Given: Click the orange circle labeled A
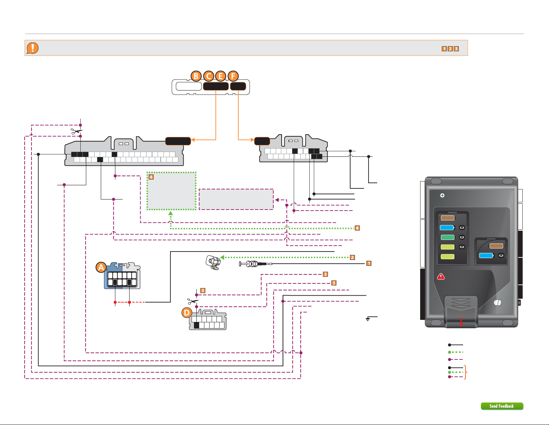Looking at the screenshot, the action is [x=101, y=267].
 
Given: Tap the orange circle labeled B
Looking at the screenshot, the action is [x=196, y=76].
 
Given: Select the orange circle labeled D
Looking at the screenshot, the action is [x=187, y=313].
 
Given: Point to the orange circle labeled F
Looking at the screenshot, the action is [x=233, y=76].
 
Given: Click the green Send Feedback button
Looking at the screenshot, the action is [x=502, y=406].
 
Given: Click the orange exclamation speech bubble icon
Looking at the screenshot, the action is [x=33, y=48].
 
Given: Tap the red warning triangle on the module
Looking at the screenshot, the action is [x=441, y=277].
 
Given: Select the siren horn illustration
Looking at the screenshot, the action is [x=213, y=263].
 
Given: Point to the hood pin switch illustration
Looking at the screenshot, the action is [x=256, y=264].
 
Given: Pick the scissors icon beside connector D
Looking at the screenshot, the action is [x=193, y=301].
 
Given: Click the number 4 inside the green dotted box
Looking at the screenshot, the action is [x=151, y=177].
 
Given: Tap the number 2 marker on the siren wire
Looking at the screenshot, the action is [x=353, y=257].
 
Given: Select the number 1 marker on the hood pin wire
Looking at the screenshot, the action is [x=369, y=263].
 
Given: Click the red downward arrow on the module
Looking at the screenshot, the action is [x=461, y=322].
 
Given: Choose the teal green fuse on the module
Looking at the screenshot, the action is [x=448, y=237].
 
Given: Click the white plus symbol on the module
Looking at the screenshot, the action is [x=442, y=195].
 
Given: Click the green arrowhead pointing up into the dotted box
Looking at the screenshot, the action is [x=171, y=213].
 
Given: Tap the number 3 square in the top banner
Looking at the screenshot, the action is [x=456, y=49].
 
